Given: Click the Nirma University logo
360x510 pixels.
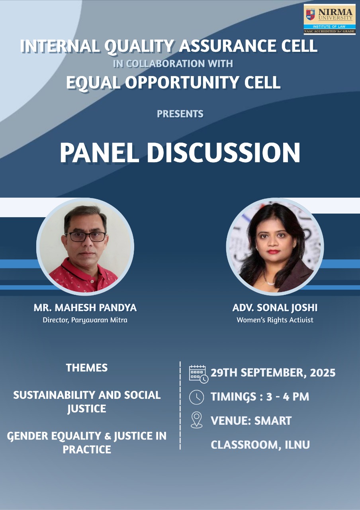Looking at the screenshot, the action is click(329, 20).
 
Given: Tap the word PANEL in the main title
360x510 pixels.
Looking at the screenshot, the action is click(100, 152).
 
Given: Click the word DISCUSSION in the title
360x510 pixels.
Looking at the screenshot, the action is click(224, 152).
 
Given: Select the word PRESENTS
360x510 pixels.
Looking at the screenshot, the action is click(180, 114).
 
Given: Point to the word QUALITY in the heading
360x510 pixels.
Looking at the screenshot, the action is click(139, 46).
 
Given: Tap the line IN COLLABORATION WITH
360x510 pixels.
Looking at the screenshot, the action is click(173, 64).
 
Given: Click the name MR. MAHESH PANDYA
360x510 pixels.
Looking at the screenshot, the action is click(85, 308).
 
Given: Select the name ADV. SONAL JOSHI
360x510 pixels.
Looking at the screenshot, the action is click(275, 308).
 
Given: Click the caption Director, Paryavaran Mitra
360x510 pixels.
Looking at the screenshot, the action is click(85, 320).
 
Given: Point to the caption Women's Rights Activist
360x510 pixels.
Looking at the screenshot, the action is click(275, 320).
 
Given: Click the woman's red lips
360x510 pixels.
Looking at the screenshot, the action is click(273, 251).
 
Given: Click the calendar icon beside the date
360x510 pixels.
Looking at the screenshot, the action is click(198, 374).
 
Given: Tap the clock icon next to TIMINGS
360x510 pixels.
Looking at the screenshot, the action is click(196, 397).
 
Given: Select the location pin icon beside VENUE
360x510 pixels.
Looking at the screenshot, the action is click(196, 420).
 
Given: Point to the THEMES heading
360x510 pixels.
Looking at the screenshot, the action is click(87, 368).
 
